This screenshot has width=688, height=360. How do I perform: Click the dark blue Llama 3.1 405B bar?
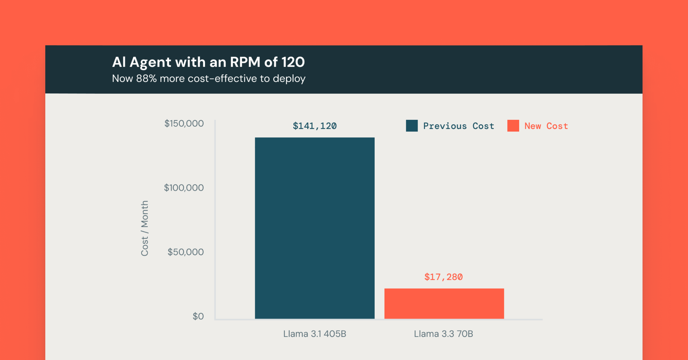tap(314, 228)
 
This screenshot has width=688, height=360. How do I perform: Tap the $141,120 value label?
tap(314, 126)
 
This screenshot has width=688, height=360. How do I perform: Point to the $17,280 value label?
tap(443, 277)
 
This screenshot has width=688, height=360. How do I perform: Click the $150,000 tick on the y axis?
tap(184, 124)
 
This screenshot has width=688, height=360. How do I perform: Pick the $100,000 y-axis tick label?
tap(183, 188)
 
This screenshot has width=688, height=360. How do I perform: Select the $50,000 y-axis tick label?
tap(185, 252)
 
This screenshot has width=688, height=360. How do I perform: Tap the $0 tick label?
tap(198, 316)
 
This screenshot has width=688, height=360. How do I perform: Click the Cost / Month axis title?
tap(144, 228)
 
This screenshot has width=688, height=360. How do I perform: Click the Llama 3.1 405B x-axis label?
tap(314, 334)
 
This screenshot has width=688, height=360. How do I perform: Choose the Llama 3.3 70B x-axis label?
tap(443, 334)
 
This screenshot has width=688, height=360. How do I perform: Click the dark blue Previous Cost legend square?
tap(412, 126)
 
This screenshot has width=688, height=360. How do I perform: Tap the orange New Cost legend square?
tap(513, 126)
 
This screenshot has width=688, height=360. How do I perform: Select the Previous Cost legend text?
tap(458, 126)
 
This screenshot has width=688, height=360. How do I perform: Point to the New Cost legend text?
tap(546, 126)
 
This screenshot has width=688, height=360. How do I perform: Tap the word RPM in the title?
tap(245, 62)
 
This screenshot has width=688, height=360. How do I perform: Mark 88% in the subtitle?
tap(146, 79)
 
